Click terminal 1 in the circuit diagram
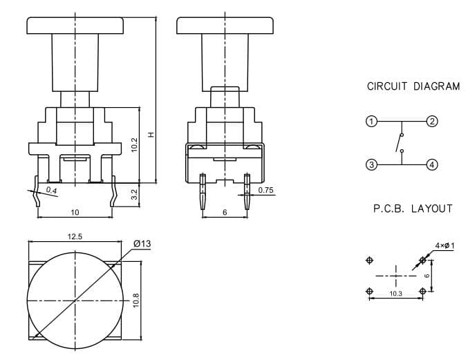tap(371, 122)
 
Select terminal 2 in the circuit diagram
tap(432, 122)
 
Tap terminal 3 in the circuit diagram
tap(371, 164)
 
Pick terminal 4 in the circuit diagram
tap(432, 164)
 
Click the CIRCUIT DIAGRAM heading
tap(413, 86)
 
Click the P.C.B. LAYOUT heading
tap(413, 209)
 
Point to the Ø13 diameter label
tap(142, 244)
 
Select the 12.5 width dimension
tap(75, 237)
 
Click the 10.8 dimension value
tap(135, 301)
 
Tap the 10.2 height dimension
tap(134, 145)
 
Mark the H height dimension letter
tap(151, 135)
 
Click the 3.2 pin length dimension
tap(134, 194)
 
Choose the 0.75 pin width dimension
tap(265, 190)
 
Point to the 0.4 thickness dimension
tap(52, 190)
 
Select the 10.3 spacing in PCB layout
tap(396, 294)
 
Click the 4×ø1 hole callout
tap(444, 246)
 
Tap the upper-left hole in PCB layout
tap(370, 260)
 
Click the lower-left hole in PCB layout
tap(370, 291)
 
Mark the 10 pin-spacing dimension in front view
tap(75, 212)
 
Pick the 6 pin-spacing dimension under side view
tap(225, 212)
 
